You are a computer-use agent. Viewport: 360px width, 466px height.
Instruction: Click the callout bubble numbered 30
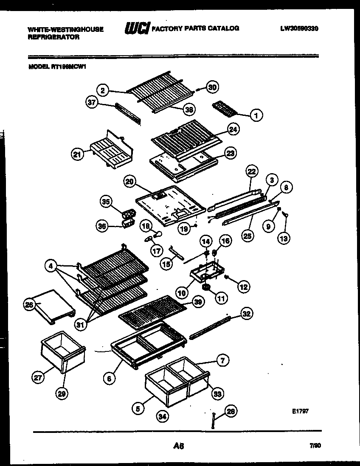[212, 87]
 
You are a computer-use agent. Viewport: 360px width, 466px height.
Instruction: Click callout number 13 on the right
[283, 239]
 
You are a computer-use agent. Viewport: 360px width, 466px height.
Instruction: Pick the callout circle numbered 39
[197, 301]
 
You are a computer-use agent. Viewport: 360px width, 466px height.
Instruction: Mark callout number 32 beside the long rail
[246, 314]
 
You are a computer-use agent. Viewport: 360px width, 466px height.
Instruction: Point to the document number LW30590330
[299, 29]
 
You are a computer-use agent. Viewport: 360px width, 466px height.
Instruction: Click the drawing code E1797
[300, 411]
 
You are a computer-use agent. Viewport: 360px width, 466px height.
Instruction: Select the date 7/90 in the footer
[315, 446]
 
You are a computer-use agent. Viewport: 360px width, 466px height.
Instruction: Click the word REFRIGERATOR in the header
[53, 37]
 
